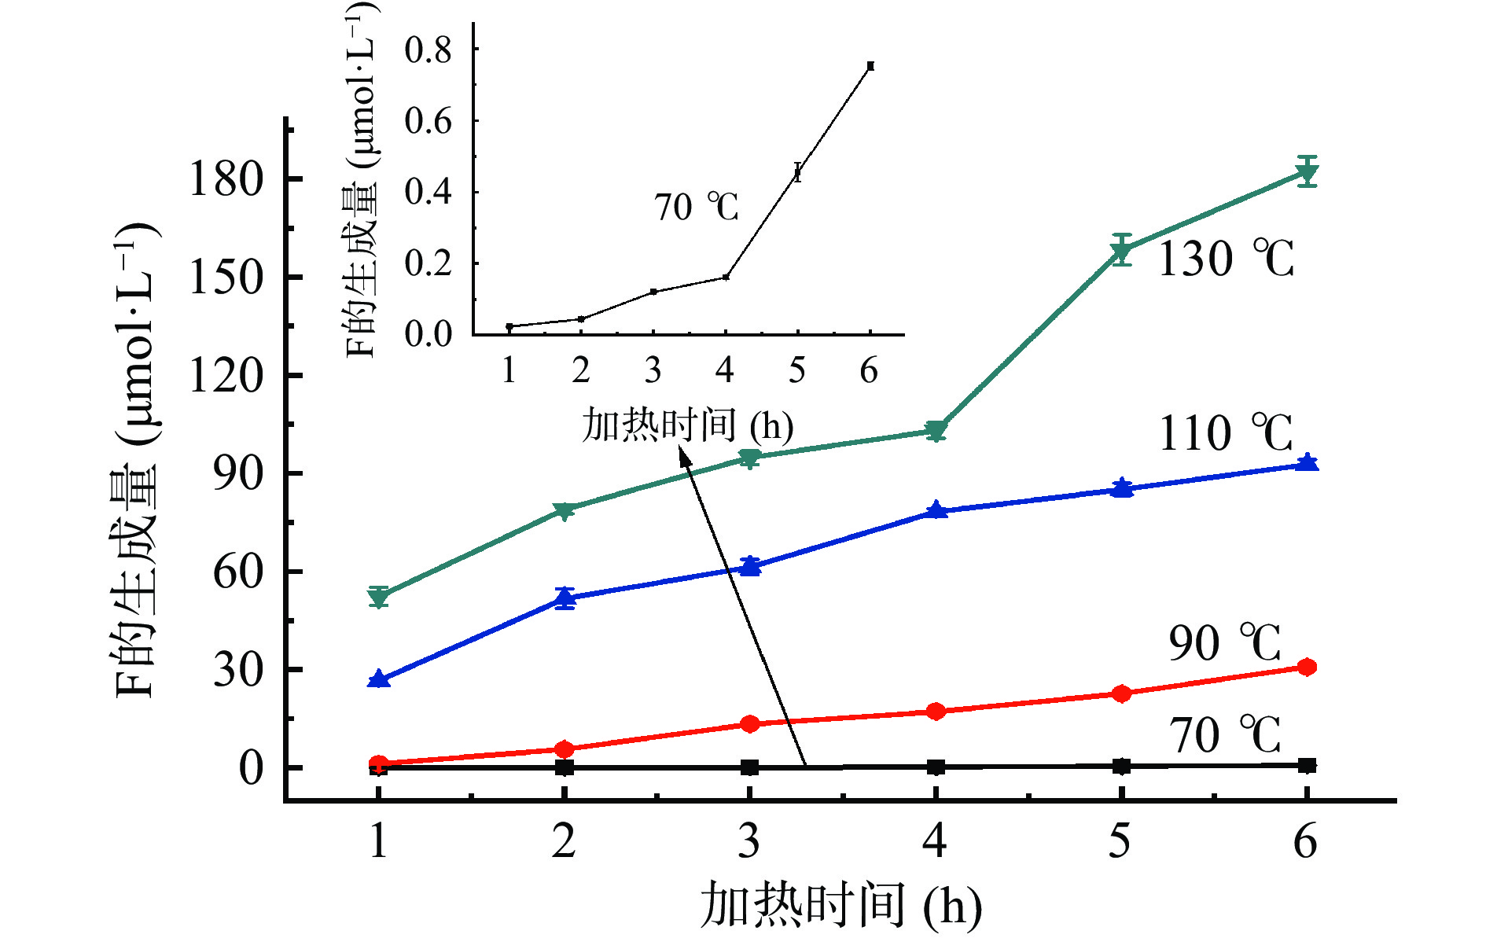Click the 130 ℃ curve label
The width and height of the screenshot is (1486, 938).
click(1225, 259)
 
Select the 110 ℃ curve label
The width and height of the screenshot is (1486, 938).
click(1225, 433)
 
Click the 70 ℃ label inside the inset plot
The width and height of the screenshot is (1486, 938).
click(696, 208)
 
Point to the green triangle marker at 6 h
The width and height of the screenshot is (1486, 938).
click(1307, 172)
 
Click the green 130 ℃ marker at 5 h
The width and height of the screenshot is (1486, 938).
click(1122, 252)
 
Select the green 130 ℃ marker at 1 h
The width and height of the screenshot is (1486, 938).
click(379, 598)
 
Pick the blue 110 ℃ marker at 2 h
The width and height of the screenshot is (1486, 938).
click(565, 598)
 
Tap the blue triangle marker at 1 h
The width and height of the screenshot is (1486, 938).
click(379, 679)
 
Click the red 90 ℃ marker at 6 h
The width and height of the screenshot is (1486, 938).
click(1307, 667)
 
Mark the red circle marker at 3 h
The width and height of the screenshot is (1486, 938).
click(750, 723)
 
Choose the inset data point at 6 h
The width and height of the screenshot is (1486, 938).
click(870, 66)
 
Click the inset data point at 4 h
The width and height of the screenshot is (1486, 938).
click(726, 277)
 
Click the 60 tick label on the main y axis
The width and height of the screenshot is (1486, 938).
click(237, 572)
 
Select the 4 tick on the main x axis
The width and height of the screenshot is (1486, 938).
click(935, 841)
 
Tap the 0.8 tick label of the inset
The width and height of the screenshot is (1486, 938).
click(428, 50)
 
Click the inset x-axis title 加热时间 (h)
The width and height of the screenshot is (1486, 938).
click(687, 425)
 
